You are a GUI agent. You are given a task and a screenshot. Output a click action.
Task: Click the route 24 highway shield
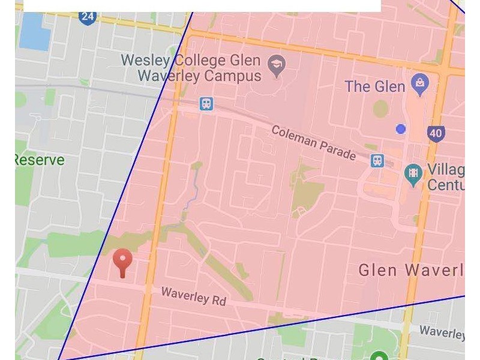pyautogui.click(x=88, y=16)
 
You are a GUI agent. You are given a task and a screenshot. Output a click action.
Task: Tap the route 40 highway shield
pyautogui.click(x=436, y=133)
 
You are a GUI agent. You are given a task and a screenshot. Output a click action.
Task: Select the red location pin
pyautogui.click(x=122, y=262)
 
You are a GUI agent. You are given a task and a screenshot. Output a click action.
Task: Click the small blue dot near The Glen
pyautogui.click(x=401, y=129)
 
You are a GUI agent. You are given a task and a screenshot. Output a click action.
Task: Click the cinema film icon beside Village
pyautogui.click(x=413, y=175)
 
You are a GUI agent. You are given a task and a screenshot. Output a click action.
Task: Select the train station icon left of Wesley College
pyautogui.click(x=206, y=104)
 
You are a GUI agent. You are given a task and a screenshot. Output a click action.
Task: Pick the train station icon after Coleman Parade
pyautogui.click(x=377, y=160)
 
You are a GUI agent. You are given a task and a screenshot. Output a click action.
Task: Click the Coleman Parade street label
pyautogui.click(x=313, y=143)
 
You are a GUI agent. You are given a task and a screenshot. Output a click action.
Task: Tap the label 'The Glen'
pyautogui.click(x=375, y=86)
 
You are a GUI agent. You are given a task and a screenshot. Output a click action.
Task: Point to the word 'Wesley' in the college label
pyautogui.click(x=147, y=61)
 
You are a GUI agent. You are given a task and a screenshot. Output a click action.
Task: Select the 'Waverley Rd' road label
pyautogui.click(x=193, y=296)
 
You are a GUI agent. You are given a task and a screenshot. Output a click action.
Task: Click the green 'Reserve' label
pyautogui.click(x=38, y=160)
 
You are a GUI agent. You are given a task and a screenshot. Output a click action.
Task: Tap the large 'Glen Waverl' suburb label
pyautogui.click(x=412, y=270)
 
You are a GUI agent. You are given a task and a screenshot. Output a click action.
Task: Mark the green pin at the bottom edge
pyautogui.click(x=378, y=356)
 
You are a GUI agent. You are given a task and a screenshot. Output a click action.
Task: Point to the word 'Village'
pyautogui.click(x=445, y=169)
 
